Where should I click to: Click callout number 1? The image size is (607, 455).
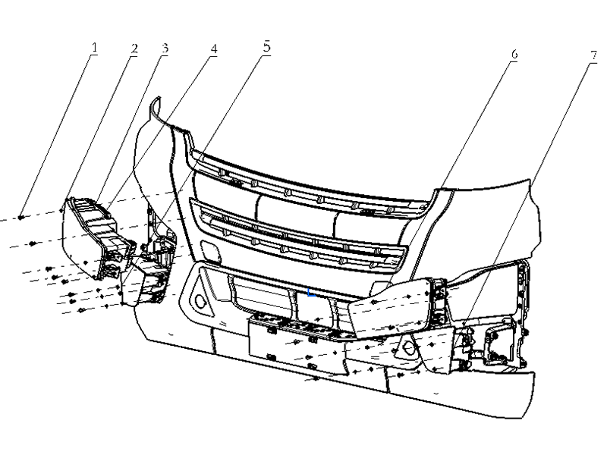(x=94, y=48)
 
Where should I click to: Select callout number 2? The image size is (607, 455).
(x=134, y=49)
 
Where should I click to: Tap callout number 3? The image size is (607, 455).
(x=165, y=49)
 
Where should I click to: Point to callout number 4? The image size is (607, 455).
(x=214, y=49)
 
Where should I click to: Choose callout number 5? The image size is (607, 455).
(x=267, y=47)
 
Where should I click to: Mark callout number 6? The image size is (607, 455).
(x=514, y=55)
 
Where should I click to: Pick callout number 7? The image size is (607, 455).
(x=594, y=55)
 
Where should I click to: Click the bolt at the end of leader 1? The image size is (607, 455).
(x=21, y=218)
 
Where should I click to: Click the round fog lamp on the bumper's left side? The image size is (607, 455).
(x=201, y=300)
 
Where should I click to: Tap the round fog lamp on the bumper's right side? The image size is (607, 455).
(x=409, y=349)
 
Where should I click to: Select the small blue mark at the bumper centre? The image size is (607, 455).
(x=311, y=293)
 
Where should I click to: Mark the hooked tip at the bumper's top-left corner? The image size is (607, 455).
(x=156, y=102)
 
